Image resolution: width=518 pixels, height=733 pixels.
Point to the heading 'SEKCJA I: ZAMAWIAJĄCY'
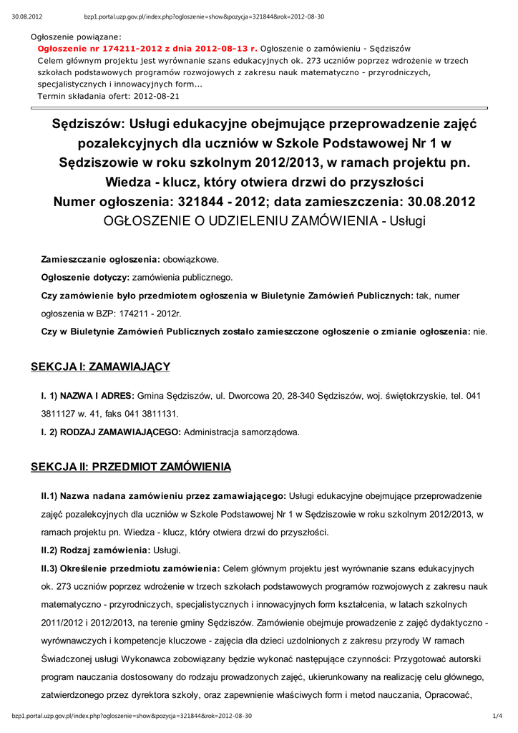point(100,366)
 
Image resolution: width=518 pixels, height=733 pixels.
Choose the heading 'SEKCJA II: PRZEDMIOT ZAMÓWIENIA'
point(131,467)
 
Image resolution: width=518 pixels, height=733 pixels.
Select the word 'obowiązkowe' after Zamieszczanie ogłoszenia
point(191,258)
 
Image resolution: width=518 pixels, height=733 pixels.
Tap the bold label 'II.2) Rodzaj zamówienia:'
point(96,550)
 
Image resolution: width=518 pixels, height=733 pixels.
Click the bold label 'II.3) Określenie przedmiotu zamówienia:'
point(131,568)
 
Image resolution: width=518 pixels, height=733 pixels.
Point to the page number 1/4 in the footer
point(497,716)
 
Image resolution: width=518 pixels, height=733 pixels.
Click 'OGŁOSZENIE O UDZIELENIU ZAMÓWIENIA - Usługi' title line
point(264,220)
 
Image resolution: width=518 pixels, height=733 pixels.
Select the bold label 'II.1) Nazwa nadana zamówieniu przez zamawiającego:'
point(164,495)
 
